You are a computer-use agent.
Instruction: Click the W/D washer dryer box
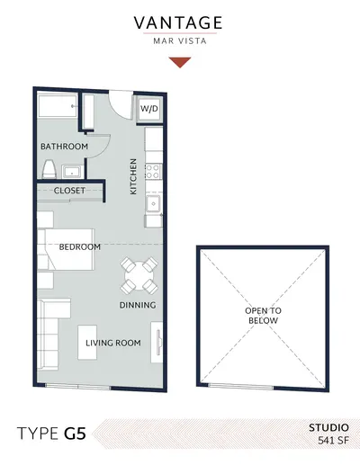pyautogui.click(x=149, y=109)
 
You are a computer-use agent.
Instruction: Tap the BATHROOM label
pyautogui.click(x=64, y=147)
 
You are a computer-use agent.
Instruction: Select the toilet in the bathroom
pyautogui.click(x=49, y=169)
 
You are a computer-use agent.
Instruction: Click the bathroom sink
pyautogui.click(x=72, y=172)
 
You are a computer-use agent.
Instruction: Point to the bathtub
pyautogui.click(x=58, y=106)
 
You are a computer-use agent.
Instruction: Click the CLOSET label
pyautogui.click(x=69, y=191)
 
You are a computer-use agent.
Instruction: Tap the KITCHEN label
pyautogui.click(x=133, y=176)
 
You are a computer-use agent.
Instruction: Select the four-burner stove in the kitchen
pyautogui.click(x=153, y=172)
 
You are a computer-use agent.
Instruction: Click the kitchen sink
pyautogui.click(x=153, y=203)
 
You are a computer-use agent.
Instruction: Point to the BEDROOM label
pyautogui.click(x=80, y=247)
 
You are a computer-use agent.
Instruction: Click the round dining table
pyautogui.click(x=139, y=275)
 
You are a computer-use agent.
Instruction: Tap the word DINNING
pyautogui.click(x=138, y=305)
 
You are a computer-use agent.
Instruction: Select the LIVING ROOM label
pyautogui.click(x=113, y=343)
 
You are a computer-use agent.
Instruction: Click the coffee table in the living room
pyautogui.click(x=87, y=343)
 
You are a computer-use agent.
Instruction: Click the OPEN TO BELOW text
pyautogui.click(x=263, y=316)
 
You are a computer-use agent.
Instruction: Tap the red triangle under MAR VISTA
pyautogui.click(x=180, y=62)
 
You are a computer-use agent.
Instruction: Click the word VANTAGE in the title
pyautogui.click(x=178, y=22)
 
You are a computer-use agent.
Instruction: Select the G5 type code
pyautogui.click(x=75, y=434)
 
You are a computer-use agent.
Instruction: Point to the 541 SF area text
pyautogui.click(x=333, y=441)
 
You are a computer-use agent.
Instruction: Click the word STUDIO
pyautogui.click(x=328, y=427)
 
